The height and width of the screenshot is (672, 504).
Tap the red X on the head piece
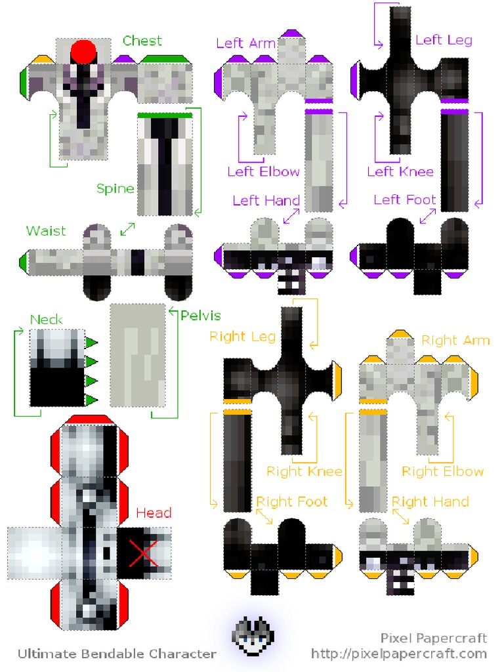[143, 553]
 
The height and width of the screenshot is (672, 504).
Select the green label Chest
[142, 41]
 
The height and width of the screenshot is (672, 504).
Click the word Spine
[115, 189]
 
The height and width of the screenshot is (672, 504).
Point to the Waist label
[46, 231]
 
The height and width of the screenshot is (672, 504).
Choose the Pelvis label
[200, 316]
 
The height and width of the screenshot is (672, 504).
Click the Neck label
[47, 320]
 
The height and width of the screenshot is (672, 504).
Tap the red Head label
[154, 513]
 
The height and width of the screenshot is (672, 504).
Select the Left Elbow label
[263, 172]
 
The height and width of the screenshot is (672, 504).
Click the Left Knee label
[400, 172]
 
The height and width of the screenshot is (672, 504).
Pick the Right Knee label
[304, 471]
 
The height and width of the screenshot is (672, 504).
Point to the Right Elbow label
[442, 471]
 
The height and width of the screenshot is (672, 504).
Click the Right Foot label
[291, 502]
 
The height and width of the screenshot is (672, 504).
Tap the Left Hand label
[266, 200]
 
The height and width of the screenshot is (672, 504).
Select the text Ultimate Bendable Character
[117, 654]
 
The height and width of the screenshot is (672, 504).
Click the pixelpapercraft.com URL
[399, 654]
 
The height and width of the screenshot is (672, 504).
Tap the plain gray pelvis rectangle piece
[137, 354]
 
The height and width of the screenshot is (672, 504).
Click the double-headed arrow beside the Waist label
[127, 230]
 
